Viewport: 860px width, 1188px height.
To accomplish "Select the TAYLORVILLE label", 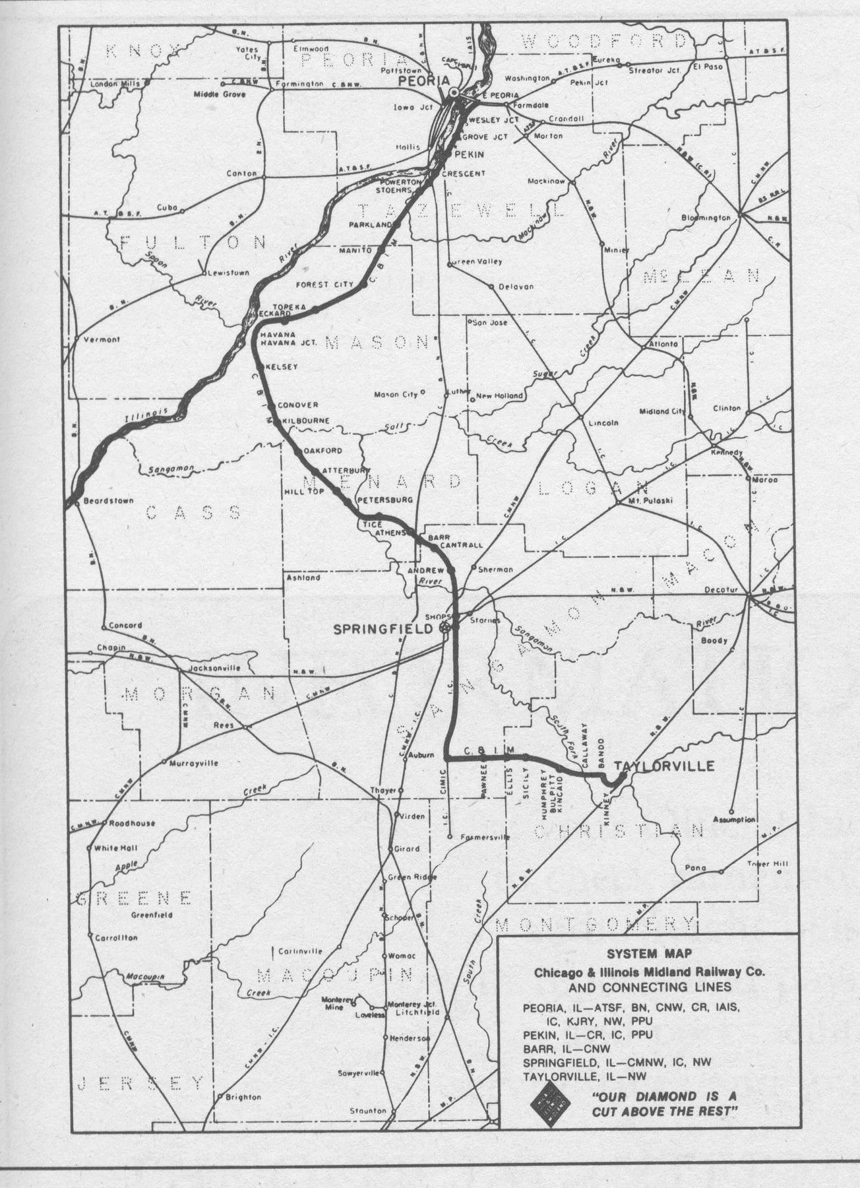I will [x=664, y=766].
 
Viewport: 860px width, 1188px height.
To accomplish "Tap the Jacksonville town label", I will [x=214, y=668].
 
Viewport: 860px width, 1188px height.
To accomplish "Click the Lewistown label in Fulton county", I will [x=229, y=272].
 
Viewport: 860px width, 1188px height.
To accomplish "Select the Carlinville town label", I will [x=300, y=951].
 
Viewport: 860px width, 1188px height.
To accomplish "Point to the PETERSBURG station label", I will [x=385, y=500].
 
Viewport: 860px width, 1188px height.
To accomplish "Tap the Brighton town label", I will [x=243, y=1097].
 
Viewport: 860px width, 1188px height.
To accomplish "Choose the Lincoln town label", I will [x=603, y=422].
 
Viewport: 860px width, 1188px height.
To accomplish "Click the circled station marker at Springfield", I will [x=446, y=628].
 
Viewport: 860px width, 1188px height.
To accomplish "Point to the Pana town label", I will [x=695, y=868].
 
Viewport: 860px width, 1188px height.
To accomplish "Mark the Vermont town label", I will [x=102, y=339].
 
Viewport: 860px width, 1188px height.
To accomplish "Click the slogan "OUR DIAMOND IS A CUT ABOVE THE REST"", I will [x=663, y=1104].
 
